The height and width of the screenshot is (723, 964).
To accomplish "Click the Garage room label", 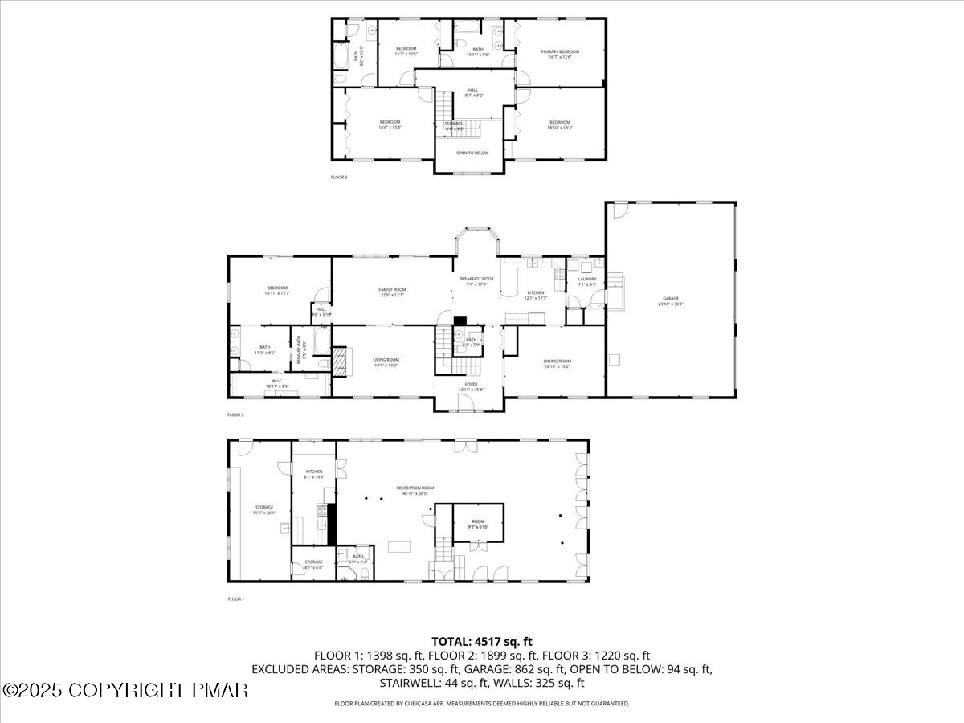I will coord(671,301).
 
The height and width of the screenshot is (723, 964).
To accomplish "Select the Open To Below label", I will coord(472,153).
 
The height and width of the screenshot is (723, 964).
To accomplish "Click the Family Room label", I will coord(392,292).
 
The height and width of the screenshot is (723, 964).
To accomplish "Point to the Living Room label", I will coord(386,362).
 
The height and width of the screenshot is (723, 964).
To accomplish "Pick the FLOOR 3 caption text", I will coord(339,177).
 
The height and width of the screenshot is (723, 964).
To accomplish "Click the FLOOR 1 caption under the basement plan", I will coord(235,599).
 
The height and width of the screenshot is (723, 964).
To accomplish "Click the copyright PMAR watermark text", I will coord(125,690).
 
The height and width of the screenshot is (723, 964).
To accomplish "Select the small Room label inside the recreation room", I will coord(479,524).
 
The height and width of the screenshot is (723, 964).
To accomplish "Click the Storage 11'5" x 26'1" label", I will coord(264,509).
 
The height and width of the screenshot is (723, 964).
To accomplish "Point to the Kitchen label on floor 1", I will coord(313,474).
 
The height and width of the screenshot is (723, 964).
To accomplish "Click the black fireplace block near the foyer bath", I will coord(460,320).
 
